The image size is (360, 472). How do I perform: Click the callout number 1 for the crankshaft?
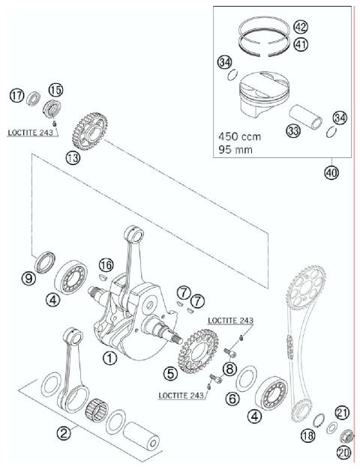(x=110, y=358)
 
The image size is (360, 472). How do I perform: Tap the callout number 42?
(x=300, y=27)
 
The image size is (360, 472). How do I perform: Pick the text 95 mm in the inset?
(x=235, y=150)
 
